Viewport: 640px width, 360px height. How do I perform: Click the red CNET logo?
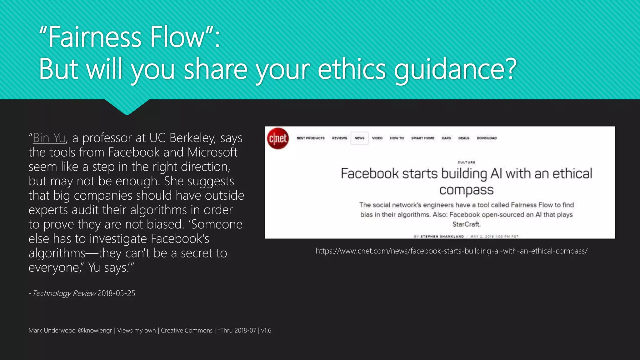point(278,138)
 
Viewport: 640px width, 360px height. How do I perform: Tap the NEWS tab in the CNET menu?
point(359,138)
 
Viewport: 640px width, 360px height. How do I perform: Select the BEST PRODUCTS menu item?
point(311,138)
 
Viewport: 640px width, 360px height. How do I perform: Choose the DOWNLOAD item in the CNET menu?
point(487,138)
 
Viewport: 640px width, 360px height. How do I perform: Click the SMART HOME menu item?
point(423,138)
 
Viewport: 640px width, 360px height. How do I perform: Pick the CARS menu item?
point(446,138)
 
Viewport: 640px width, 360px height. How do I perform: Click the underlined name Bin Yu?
point(49,138)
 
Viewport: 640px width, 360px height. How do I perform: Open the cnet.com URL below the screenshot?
point(452,251)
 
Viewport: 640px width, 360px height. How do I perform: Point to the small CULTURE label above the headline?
point(466,162)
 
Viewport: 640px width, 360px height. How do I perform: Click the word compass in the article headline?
point(466,190)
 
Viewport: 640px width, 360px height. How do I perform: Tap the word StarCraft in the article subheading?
point(466,224)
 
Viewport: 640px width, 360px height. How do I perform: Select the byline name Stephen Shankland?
point(442,237)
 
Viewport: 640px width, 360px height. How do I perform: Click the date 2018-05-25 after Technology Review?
point(116,293)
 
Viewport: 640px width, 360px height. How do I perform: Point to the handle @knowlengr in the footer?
point(95,331)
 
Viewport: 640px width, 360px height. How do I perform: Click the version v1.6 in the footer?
point(266,331)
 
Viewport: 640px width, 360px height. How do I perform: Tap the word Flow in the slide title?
point(177,37)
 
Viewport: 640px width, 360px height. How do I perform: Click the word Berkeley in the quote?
point(192,138)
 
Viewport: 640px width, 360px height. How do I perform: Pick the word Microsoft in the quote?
point(212,152)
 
